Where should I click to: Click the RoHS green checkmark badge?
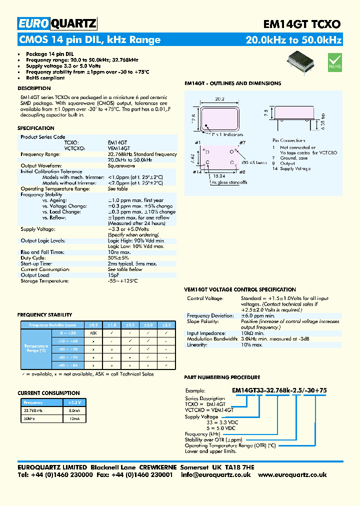pyautogui.click(x=334, y=61)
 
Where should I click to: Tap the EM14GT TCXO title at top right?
pyautogui.click(x=301, y=24)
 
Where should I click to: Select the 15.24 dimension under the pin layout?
pyautogui.click(x=218, y=176)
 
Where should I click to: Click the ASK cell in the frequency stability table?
pyautogui.click(x=93, y=332)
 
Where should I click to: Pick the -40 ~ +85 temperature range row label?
pyautogui.click(x=67, y=365)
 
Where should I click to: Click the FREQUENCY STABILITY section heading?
pyautogui.click(x=45, y=315)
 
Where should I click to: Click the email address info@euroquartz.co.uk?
pyautogui.click(x=215, y=475)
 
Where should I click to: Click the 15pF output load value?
pyautogui.click(x=113, y=275)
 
